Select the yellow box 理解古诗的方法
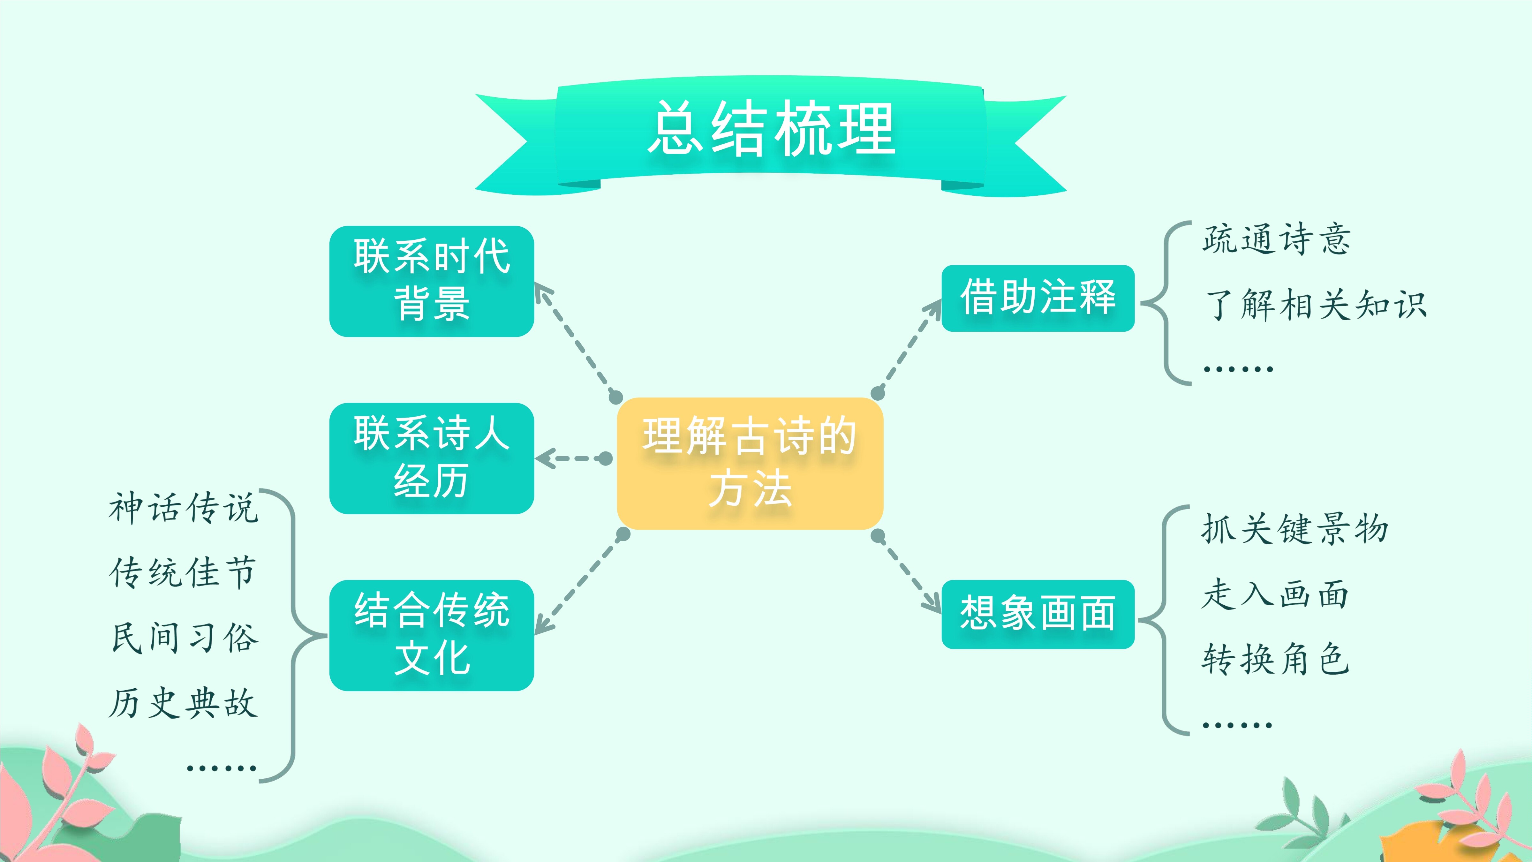pyautogui.click(x=750, y=464)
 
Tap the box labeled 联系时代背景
pyautogui.click(x=432, y=281)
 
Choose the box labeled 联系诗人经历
pyautogui.click(x=432, y=458)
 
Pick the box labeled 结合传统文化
pyautogui.click(x=432, y=635)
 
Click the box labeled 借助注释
pyautogui.click(x=1038, y=298)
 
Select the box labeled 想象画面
pyautogui.click(x=1038, y=614)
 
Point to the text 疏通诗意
pyautogui.click(x=1276, y=239)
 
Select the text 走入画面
pyautogui.click(x=1275, y=594)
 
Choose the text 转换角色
pyautogui.click(x=1275, y=659)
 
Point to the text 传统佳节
pyautogui.click(x=183, y=572)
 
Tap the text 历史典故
pyautogui.click(x=183, y=703)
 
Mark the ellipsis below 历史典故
pyautogui.click(x=221, y=768)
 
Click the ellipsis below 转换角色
pyautogui.click(x=1237, y=725)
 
